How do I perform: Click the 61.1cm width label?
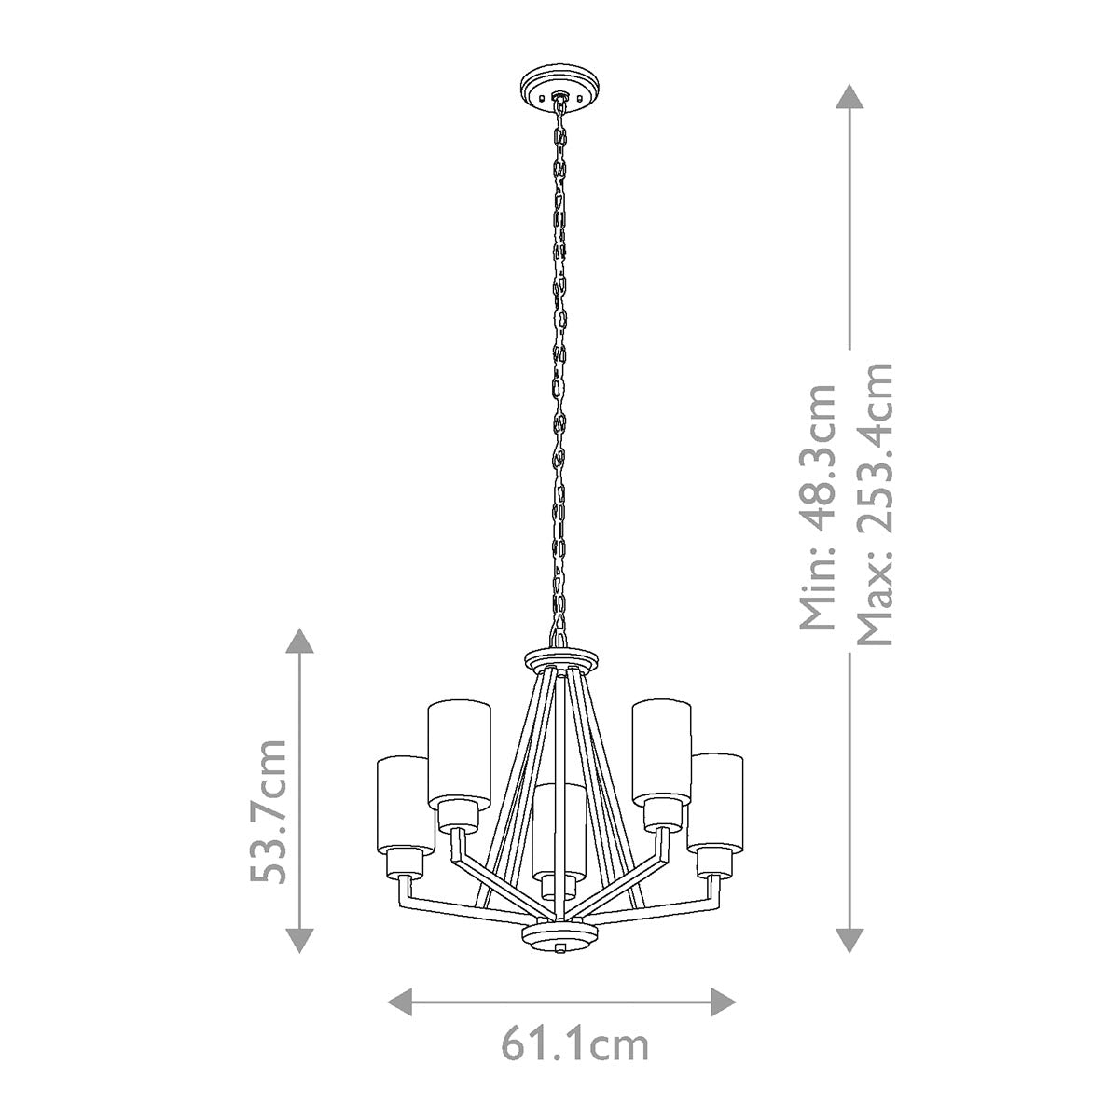575,1044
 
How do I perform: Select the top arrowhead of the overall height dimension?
848,99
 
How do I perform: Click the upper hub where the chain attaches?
558,657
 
